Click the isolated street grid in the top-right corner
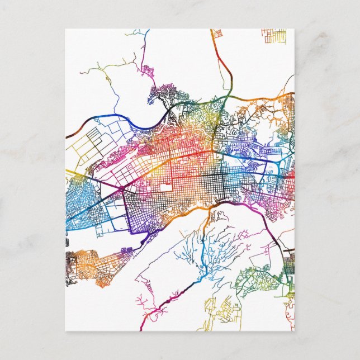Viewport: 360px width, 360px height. (x=273, y=36)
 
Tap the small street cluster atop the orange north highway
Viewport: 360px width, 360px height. (x=217, y=33)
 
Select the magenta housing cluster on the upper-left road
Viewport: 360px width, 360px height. (x=147, y=71)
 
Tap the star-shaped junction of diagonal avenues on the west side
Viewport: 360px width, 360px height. (x=120, y=190)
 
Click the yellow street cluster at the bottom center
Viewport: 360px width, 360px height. (x=221, y=307)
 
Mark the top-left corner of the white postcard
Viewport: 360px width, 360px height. (x=65, y=29)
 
